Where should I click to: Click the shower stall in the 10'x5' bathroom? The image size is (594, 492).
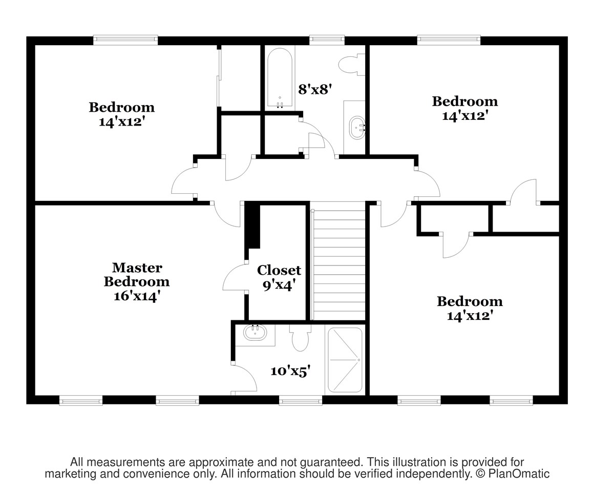(x=345, y=360)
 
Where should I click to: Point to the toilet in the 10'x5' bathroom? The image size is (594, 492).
(x=301, y=337)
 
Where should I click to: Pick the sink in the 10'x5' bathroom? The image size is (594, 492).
(x=255, y=333)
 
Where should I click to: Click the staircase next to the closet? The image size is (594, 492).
(x=338, y=261)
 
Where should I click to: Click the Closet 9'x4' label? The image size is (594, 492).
(x=279, y=277)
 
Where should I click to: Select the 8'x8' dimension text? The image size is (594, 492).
(x=315, y=90)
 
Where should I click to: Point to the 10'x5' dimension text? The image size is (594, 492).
(x=290, y=371)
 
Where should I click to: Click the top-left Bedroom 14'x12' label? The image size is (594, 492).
(x=121, y=114)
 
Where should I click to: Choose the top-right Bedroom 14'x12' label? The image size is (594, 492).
(x=465, y=108)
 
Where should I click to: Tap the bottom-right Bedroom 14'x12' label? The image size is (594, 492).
(x=470, y=308)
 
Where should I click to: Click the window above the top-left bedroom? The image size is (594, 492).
(x=125, y=40)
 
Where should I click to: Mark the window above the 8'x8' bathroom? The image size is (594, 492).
(x=327, y=40)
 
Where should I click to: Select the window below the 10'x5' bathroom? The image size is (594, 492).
(x=301, y=400)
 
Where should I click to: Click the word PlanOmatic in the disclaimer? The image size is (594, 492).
(x=519, y=474)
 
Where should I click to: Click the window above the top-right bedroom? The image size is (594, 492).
(x=449, y=40)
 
